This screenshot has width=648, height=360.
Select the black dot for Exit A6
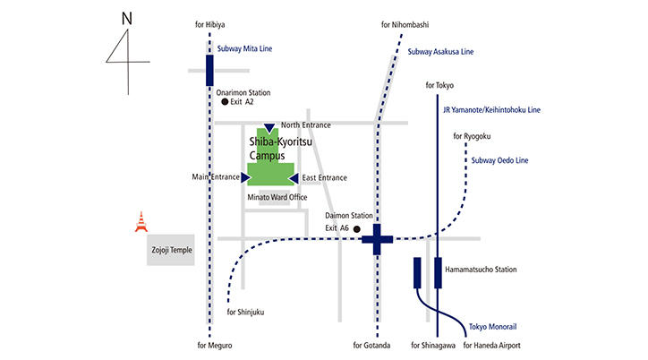point(357,229)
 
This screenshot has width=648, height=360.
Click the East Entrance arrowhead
point(293,178)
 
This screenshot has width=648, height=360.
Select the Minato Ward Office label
point(276,196)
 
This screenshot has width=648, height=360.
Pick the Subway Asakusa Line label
point(440,52)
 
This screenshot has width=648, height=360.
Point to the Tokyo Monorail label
point(494,327)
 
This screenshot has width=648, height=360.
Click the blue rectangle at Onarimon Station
point(209,69)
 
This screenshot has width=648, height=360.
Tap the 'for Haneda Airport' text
point(492,346)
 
